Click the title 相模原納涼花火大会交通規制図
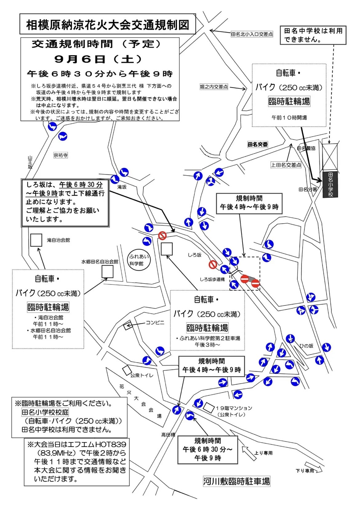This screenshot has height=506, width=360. click(x=108, y=25)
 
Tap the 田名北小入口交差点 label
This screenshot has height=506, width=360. click(x=252, y=34)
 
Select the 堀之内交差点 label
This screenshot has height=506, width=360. click(x=214, y=87)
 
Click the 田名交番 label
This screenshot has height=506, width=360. click(x=258, y=144)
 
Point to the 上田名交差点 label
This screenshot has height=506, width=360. click(x=286, y=165)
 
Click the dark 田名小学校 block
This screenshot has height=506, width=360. click(x=330, y=184)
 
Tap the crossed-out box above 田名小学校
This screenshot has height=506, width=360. click(x=330, y=157)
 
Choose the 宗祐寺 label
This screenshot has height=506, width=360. click(x=61, y=155)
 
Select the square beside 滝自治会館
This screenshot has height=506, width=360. click(x=36, y=240)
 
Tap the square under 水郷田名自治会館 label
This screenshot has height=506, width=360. click(x=107, y=272)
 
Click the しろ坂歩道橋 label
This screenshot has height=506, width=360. click(x=212, y=279)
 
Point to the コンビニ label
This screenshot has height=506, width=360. click(x=155, y=323)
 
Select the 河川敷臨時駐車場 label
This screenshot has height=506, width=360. click(x=236, y=481)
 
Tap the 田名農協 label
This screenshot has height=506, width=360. click(x=306, y=148)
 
